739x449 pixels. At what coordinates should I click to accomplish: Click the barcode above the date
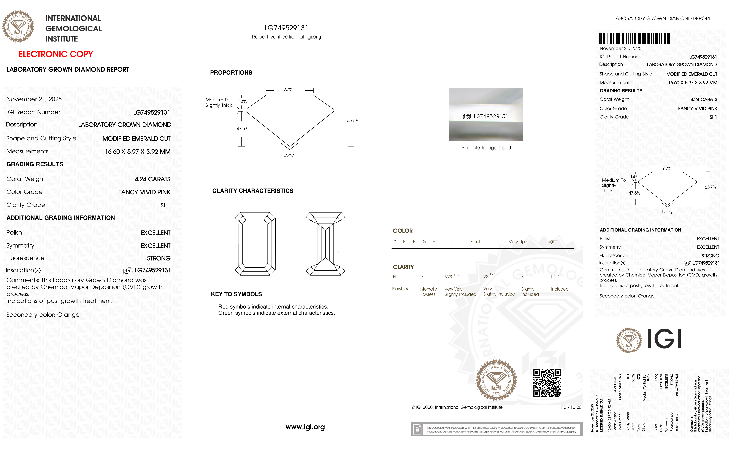(x=634, y=39)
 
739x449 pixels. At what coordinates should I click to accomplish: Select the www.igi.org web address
(x=305, y=427)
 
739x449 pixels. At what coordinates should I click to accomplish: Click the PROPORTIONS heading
(x=231, y=73)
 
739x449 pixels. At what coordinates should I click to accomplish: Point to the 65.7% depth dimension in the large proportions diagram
(x=352, y=120)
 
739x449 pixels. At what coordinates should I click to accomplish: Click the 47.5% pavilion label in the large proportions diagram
(x=242, y=128)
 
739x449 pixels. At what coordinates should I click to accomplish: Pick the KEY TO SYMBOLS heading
(x=236, y=294)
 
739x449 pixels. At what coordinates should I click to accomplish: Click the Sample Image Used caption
(x=486, y=148)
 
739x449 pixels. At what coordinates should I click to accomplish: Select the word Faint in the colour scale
(x=475, y=242)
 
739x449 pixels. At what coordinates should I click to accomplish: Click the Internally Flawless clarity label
(x=428, y=291)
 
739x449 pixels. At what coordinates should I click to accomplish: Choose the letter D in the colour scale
(x=395, y=242)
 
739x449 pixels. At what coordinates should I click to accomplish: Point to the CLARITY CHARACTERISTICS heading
(x=252, y=191)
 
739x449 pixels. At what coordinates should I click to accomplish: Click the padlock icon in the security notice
(x=417, y=430)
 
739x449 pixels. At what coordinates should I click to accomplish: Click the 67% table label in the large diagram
(x=288, y=90)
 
